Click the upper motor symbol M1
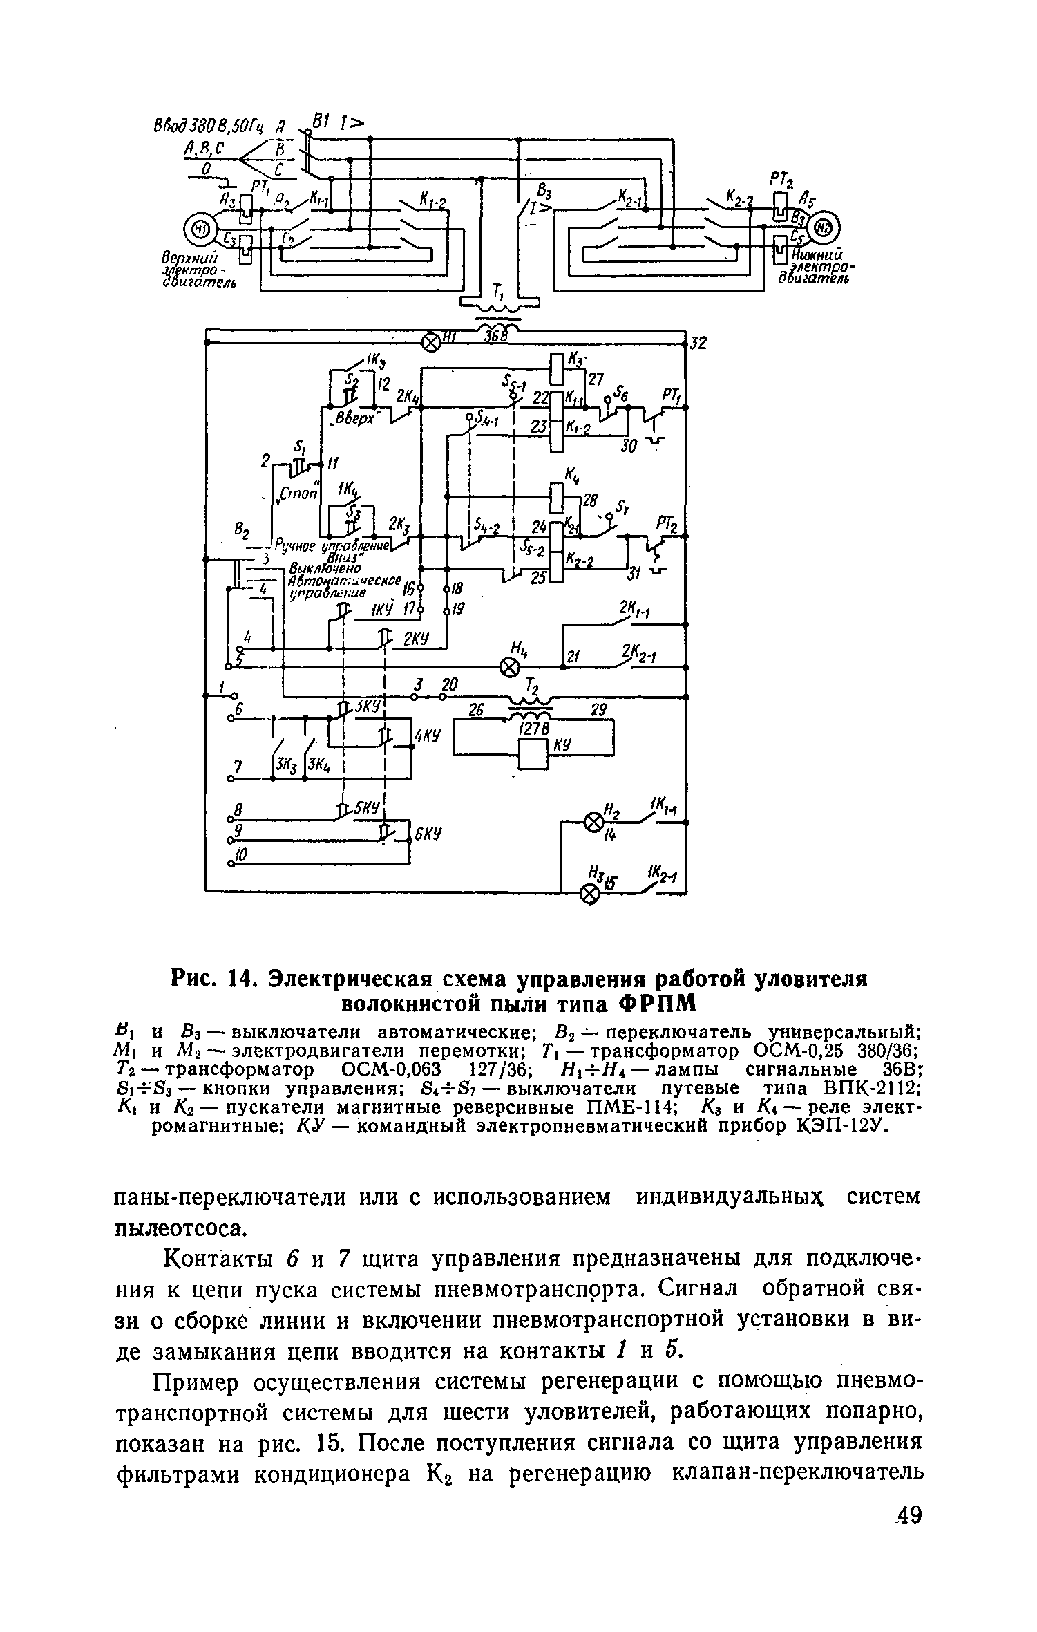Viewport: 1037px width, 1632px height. tap(200, 228)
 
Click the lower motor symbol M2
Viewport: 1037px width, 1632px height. tap(826, 228)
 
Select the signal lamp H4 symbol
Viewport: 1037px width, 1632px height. tap(509, 668)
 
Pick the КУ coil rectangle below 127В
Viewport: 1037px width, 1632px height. tap(533, 753)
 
